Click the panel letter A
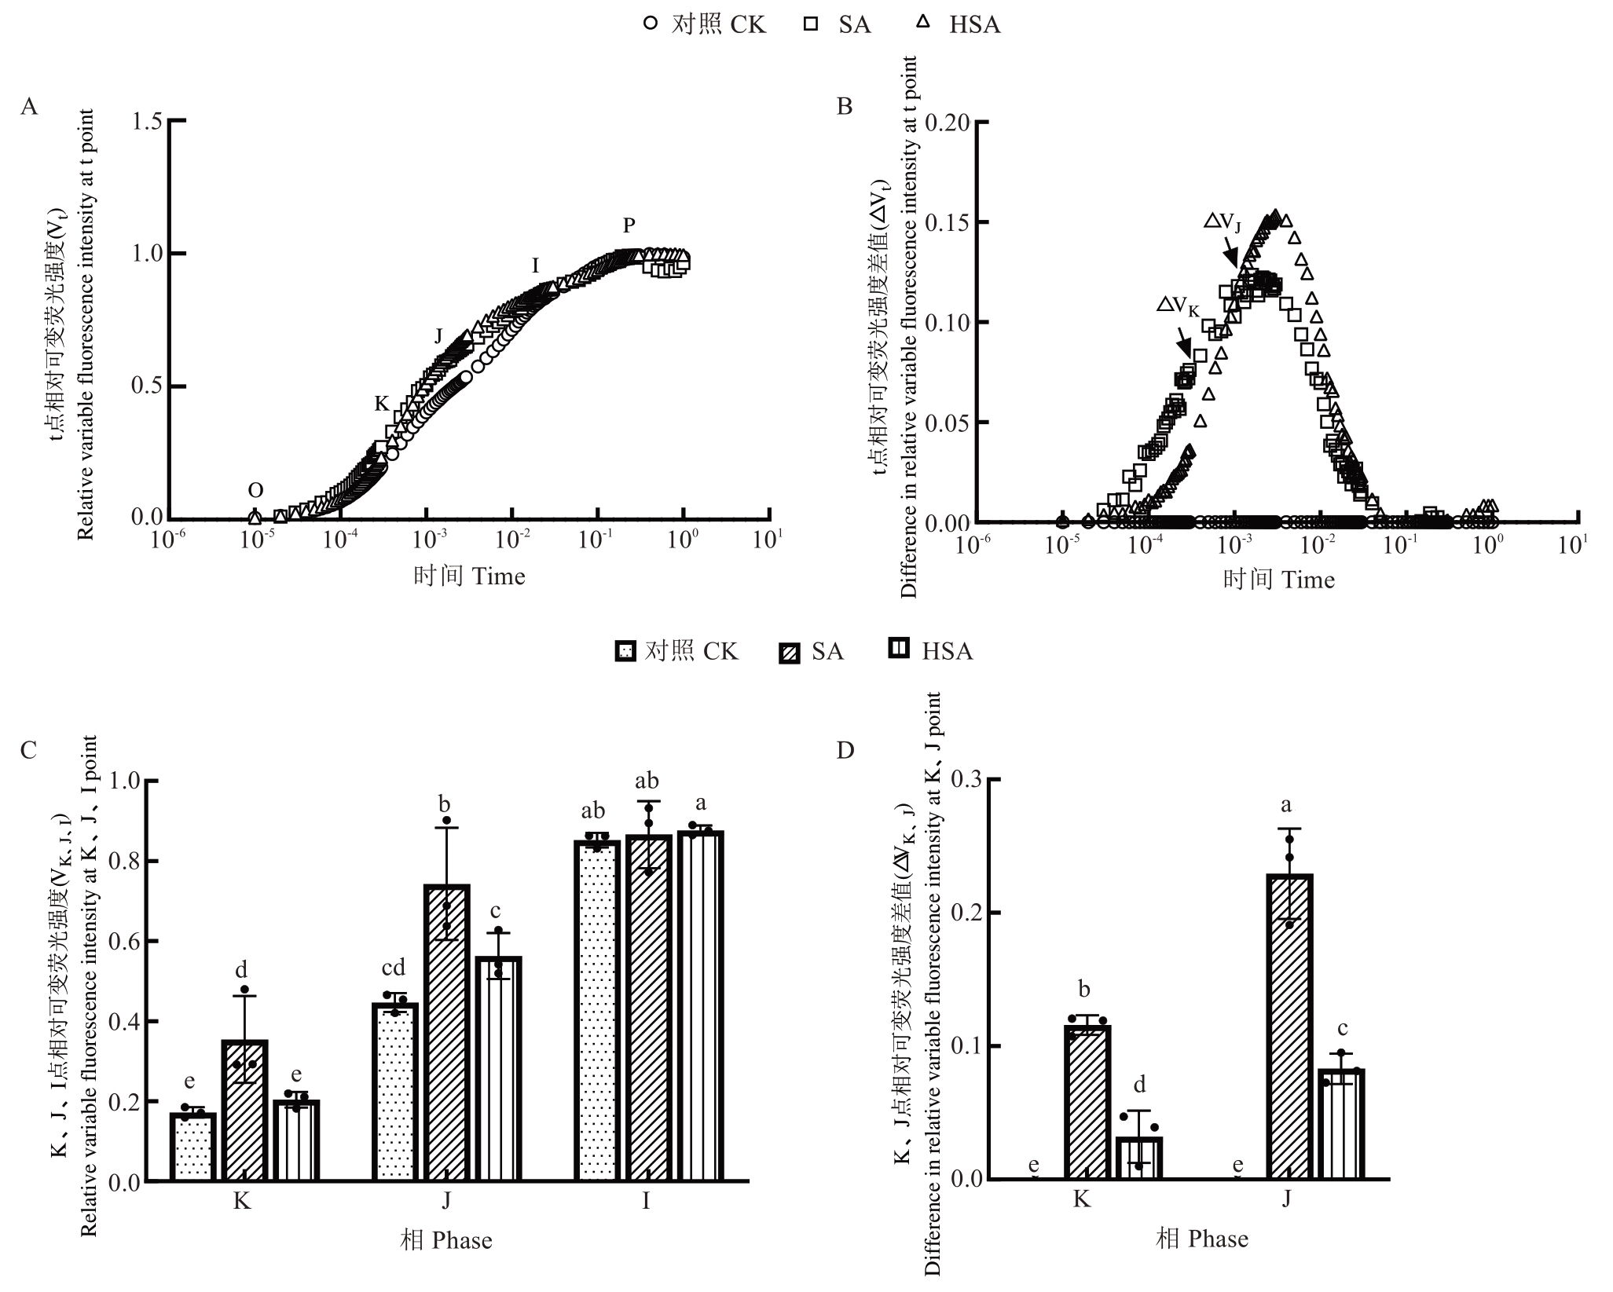point(29,107)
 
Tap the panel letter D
point(845,751)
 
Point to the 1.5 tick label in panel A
point(147,122)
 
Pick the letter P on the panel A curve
point(629,226)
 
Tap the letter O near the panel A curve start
point(255,491)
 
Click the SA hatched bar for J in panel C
point(447,1033)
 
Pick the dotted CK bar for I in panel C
point(597,1010)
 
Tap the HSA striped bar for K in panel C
point(296,1140)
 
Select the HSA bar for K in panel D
point(1138,1158)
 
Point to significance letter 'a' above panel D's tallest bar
point(1286,804)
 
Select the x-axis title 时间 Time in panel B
point(1278,580)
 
